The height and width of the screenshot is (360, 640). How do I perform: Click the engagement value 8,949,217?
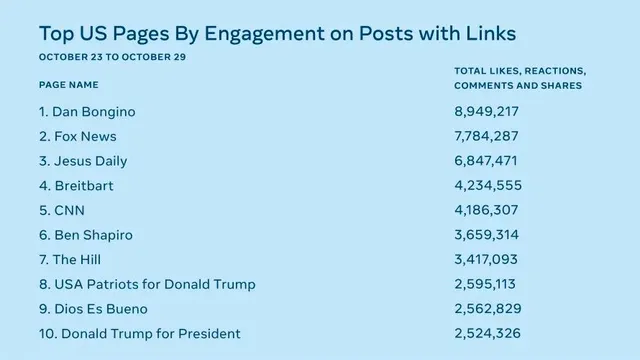[x=487, y=111]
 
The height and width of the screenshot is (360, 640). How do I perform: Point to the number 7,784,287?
[x=487, y=136]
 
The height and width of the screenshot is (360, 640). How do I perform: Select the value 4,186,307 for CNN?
[x=487, y=210]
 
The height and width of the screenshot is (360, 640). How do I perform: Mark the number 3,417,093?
[x=486, y=259]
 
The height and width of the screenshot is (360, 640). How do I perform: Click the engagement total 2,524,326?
[x=488, y=333]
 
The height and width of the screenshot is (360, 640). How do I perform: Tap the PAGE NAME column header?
[x=69, y=85]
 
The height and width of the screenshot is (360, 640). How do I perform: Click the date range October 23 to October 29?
[x=113, y=57]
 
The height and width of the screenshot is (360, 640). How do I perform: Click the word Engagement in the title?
[x=264, y=34]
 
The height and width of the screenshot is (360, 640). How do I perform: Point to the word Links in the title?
[x=491, y=33]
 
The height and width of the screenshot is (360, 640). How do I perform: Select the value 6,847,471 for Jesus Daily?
[x=486, y=160]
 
